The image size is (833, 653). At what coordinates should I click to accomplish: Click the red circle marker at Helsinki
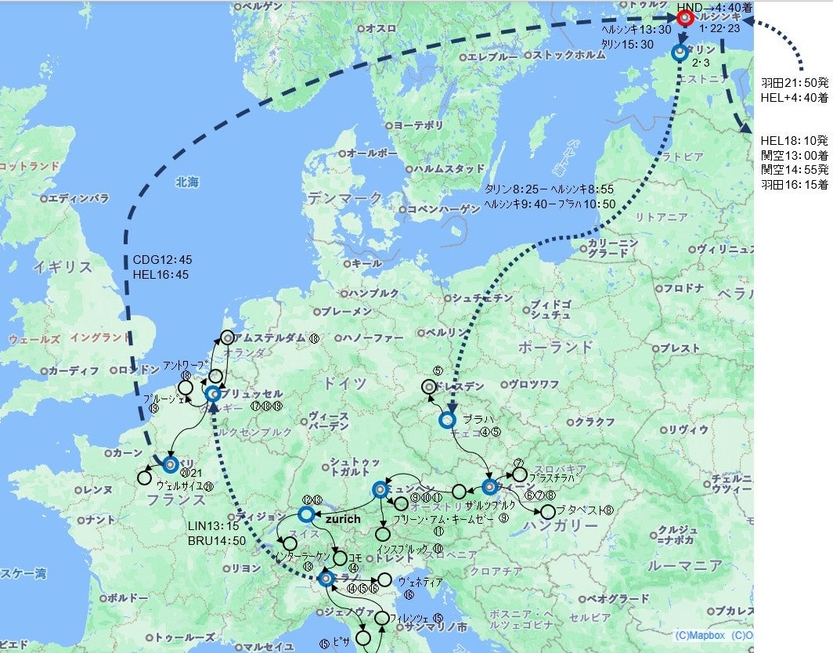(x=686, y=17)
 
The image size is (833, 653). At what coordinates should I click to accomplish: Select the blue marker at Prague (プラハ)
(x=447, y=420)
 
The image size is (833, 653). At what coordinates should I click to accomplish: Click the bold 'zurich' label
(x=342, y=518)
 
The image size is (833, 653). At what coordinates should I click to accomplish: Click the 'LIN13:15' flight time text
(x=212, y=525)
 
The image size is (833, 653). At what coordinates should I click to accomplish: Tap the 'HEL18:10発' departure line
(x=794, y=141)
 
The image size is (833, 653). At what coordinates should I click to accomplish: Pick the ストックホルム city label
(x=563, y=56)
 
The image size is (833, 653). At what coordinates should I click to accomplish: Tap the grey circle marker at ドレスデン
(x=428, y=386)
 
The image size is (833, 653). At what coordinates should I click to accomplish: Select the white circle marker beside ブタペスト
(x=548, y=511)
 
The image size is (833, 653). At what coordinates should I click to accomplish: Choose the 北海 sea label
(x=187, y=182)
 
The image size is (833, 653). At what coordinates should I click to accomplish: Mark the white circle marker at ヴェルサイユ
(x=144, y=477)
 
